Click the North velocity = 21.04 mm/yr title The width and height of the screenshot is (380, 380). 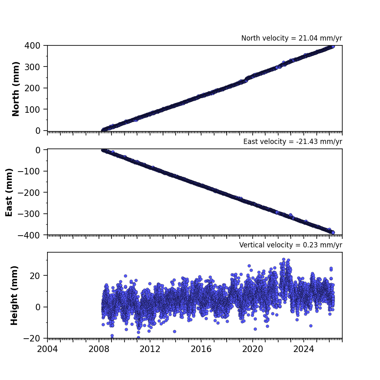click(x=292, y=38)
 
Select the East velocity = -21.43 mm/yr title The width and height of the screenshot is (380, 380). click(x=293, y=142)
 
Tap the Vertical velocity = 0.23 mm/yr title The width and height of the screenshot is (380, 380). click(x=290, y=245)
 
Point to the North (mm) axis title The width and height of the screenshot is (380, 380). click(x=15, y=89)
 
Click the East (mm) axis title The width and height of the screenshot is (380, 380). click(x=9, y=192)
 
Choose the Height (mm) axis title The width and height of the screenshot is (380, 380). click(x=14, y=295)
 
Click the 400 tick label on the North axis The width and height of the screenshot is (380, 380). click(x=32, y=45)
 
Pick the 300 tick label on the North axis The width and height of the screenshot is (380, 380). click(x=32, y=67)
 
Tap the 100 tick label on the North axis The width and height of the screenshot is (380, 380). click(x=32, y=109)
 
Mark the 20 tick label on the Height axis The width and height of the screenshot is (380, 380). click(x=35, y=276)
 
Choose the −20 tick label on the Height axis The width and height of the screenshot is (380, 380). click(x=32, y=338)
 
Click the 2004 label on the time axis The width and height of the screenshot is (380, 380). click(x=47, y=349)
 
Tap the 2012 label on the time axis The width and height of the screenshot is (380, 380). click(x=150, y=349)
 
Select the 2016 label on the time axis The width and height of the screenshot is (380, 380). click(x=201, y=349)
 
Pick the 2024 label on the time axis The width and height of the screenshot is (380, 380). click(x=304, y=349)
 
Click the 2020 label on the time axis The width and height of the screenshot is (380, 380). click(x=253, y=349)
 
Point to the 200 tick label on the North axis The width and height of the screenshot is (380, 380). click(x=32, y=88)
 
